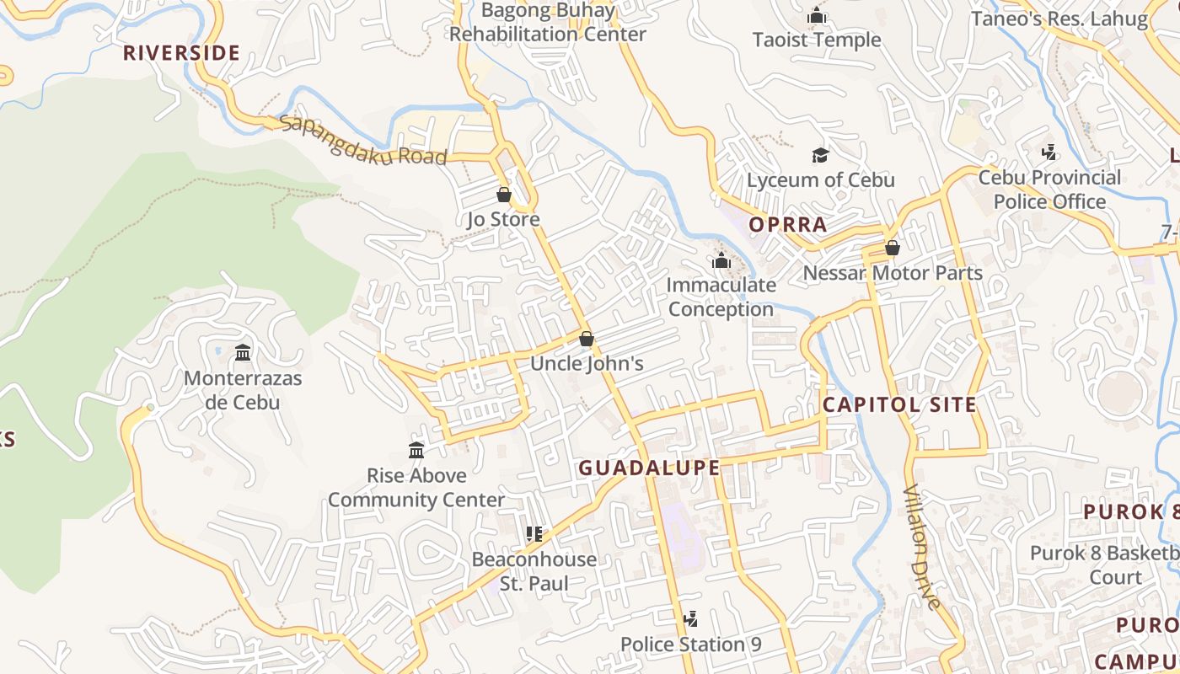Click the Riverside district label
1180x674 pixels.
tap(181, 53)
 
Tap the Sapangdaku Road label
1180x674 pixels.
tap(362, 140)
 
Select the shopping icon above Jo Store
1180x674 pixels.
tap(504, 195)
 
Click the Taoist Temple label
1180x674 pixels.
tap(816, 40)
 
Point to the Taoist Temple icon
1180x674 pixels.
tap(816, 15)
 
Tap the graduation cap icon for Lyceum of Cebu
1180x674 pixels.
tap(820, 155)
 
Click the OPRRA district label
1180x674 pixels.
tap(788, 225)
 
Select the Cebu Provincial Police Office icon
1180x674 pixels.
tap(1049, 152)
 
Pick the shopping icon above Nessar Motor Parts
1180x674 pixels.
tap(892, 248)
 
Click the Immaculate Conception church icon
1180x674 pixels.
tap(721, 260)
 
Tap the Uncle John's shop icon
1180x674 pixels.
tap(587, 339)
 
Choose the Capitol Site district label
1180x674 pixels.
tap(899, 404)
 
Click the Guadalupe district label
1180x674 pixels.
tap(649, 468)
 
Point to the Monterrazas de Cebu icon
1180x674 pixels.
tap(243, 352)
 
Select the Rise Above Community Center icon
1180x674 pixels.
tap(416, 450)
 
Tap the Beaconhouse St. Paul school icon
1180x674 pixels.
tap(534, 533)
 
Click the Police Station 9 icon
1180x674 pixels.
tap(690, 619)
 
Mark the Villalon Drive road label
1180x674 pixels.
tap(921, 548)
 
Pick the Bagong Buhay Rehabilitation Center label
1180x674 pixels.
tap(547, 23)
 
